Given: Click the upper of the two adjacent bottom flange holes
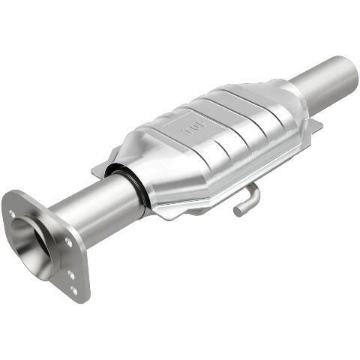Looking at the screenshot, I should pos(72,274).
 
